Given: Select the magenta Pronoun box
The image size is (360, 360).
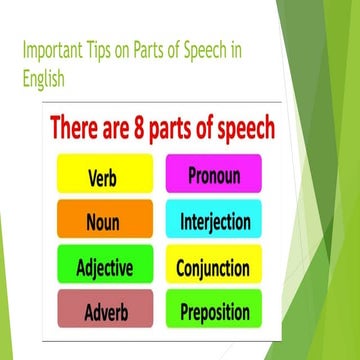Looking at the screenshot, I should (x=213, y=174).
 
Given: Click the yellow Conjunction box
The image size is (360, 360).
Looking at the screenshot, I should (x=214, y=268).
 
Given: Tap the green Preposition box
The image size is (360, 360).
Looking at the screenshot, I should (x=214, y=313).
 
